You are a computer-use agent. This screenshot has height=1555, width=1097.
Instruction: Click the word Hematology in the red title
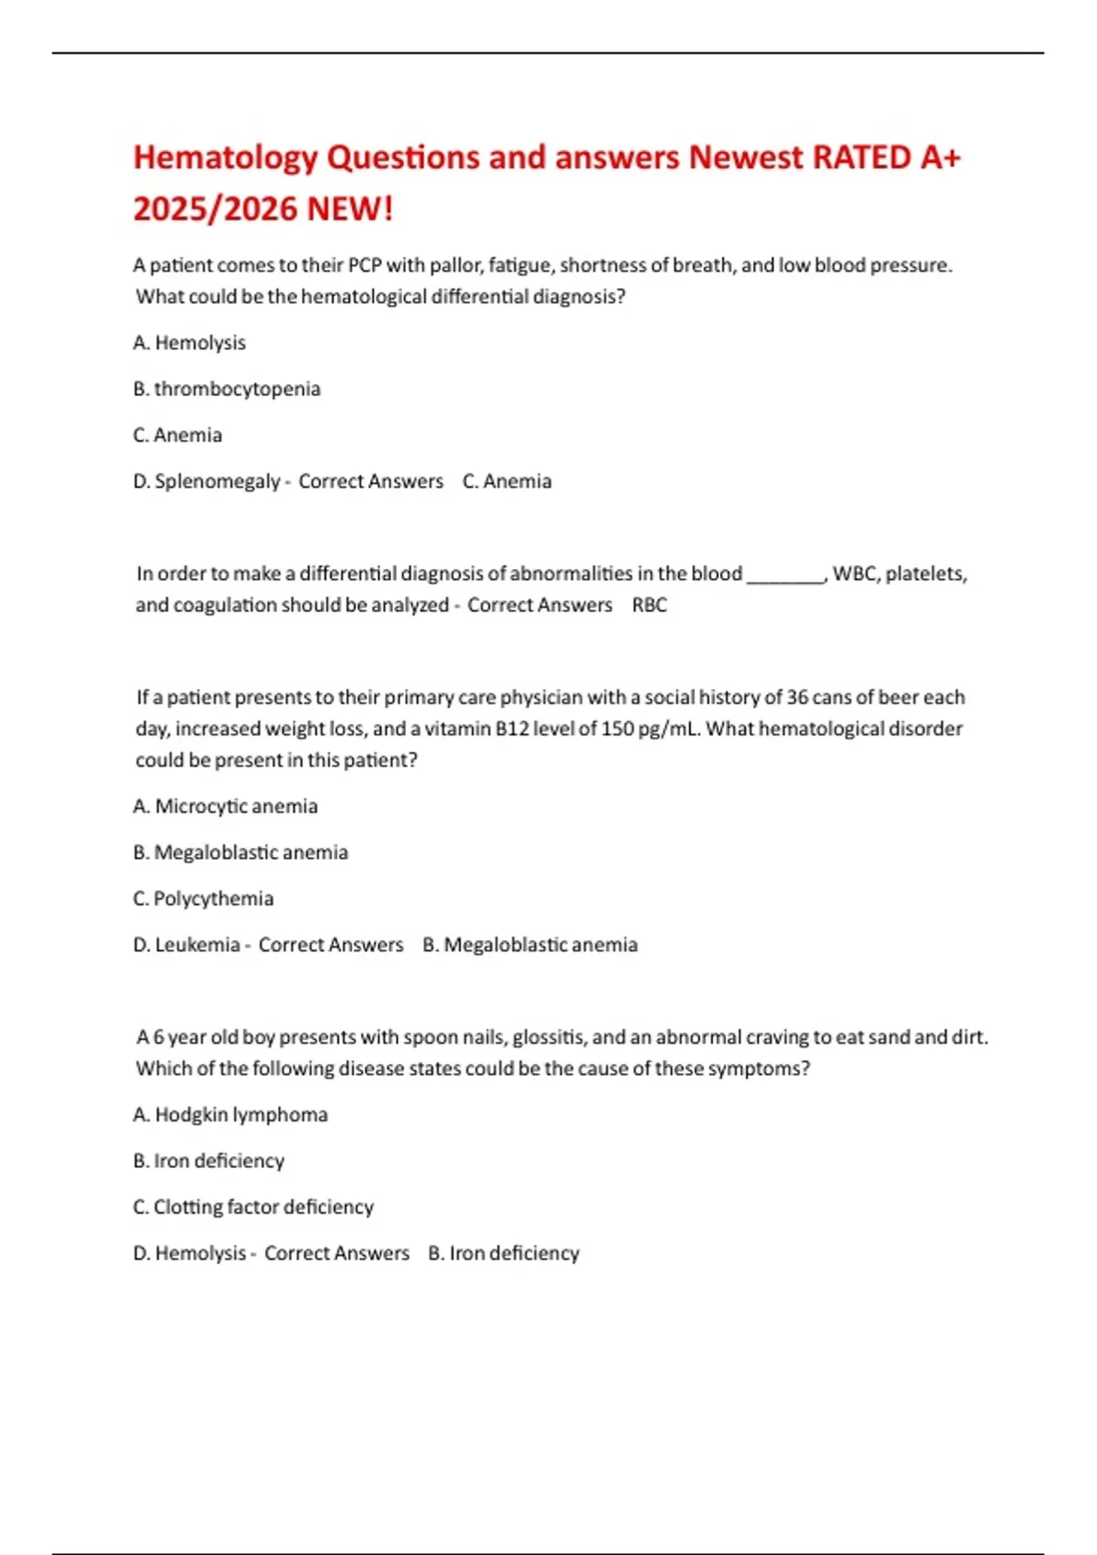[x=225, y=158]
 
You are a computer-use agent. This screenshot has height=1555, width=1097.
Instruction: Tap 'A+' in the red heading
[x=940, y=157]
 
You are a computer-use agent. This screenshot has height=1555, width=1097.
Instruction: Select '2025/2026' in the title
[x=216, y=209]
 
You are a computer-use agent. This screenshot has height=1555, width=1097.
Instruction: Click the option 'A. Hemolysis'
[x=189, y=343]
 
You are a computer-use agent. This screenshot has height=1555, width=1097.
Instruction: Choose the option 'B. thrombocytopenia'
[x=227, y=389]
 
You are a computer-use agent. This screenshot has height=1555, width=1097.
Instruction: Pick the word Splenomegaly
[x=218, y=481]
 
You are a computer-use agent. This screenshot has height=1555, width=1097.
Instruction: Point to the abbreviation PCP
[x=365, y=265]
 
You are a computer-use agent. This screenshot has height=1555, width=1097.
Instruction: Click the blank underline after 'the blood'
[x=785, y=576]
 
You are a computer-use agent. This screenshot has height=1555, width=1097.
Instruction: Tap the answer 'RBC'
[x=649, y=605]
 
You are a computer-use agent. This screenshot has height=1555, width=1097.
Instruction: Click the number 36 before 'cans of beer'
[x=797, y=697]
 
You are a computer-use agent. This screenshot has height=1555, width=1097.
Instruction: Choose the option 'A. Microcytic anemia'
[x=226, y=806]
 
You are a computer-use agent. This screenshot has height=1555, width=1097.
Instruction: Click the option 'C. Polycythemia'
[x=203, y=898]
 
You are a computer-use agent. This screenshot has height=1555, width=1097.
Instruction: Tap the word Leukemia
[x=197, y=945]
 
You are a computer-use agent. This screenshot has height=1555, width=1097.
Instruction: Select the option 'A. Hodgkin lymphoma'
[x=230, y=1114]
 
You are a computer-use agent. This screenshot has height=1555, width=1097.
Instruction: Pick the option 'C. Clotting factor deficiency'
[x=253, y=1206]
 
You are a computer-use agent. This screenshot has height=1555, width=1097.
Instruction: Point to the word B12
[x=512, y=729]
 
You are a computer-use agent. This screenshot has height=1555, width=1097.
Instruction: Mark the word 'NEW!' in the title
[x=350, y=209]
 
